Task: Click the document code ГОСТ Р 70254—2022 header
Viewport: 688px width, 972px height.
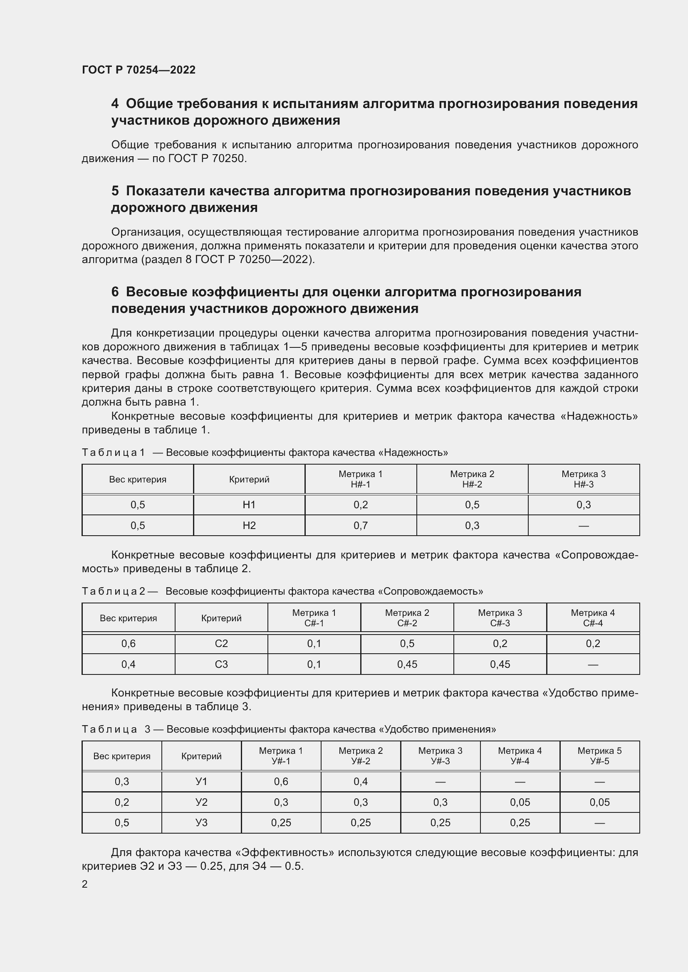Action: [139, 70]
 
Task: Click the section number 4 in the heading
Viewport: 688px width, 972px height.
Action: [115, 104]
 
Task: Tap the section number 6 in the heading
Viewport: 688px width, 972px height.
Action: [115, 292]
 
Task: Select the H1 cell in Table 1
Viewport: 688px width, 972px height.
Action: [249, 504]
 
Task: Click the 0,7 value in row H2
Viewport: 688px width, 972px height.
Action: [361, 525]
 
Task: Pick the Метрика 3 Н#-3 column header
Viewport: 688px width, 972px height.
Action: [583, 479]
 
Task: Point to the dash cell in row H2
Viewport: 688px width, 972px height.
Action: [583, 526]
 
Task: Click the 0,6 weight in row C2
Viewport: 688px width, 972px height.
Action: [129, 643]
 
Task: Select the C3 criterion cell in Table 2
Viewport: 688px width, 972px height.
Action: [221, 664]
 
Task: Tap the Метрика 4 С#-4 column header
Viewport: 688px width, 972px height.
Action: [593, 618]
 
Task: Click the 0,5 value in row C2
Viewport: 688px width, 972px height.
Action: [407, 643]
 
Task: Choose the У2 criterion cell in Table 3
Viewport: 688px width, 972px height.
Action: [201, 802]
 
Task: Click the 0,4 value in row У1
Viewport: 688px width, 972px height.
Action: [361, 782]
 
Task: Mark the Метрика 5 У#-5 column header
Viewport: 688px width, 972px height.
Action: [599, 755]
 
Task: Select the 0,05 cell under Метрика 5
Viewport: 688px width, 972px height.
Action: [599, 802]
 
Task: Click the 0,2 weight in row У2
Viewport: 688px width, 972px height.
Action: [121, 802]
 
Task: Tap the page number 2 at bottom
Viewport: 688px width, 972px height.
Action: [85, 884]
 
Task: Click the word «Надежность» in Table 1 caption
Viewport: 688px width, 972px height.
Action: [413, 453]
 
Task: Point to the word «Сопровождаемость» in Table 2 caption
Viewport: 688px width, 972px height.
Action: [430, 591]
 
